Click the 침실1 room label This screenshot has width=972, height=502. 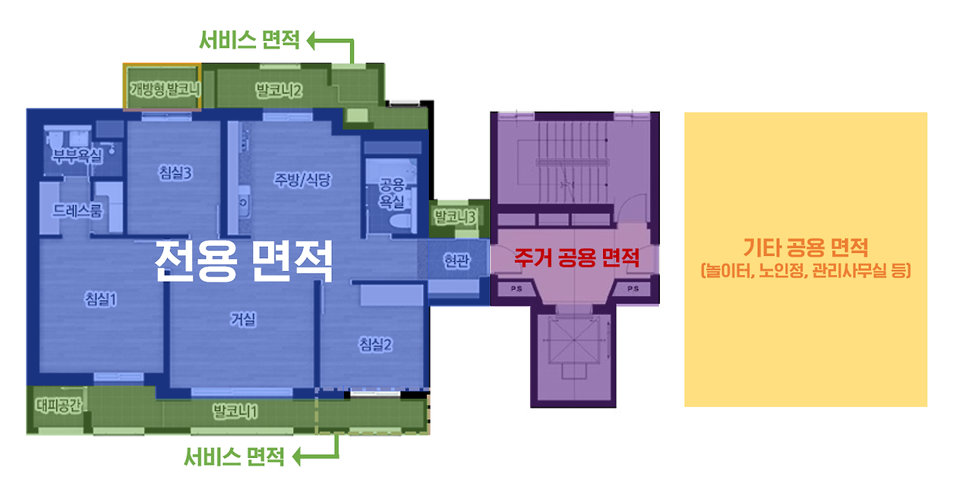coord(101,299)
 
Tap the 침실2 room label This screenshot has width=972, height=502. coord(375,345)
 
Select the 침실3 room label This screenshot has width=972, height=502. coord(176,172)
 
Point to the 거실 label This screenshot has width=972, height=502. coord(243,320)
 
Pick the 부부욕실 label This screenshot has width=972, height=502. coord(76,156)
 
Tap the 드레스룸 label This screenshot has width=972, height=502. coord(77,211)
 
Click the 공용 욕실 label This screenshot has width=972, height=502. coord(392,193)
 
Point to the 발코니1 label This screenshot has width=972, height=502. coord(235,412)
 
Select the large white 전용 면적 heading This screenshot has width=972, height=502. coord(244,260)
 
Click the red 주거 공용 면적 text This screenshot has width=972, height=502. coord(576,257)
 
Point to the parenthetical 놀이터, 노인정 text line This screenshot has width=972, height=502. coord(805,270)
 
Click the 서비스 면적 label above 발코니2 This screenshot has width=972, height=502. coord(250,40)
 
